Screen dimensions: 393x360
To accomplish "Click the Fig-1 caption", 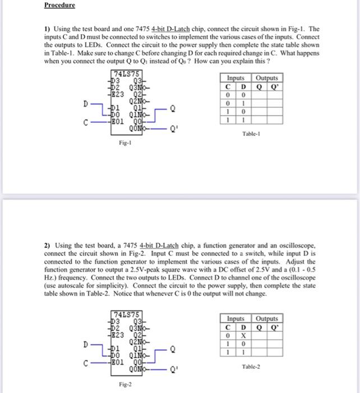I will click(x=125, y=143).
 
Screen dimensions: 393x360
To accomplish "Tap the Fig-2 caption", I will click(x=125, y=385).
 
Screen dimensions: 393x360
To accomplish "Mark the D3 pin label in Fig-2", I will click(x=117, y=321).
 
